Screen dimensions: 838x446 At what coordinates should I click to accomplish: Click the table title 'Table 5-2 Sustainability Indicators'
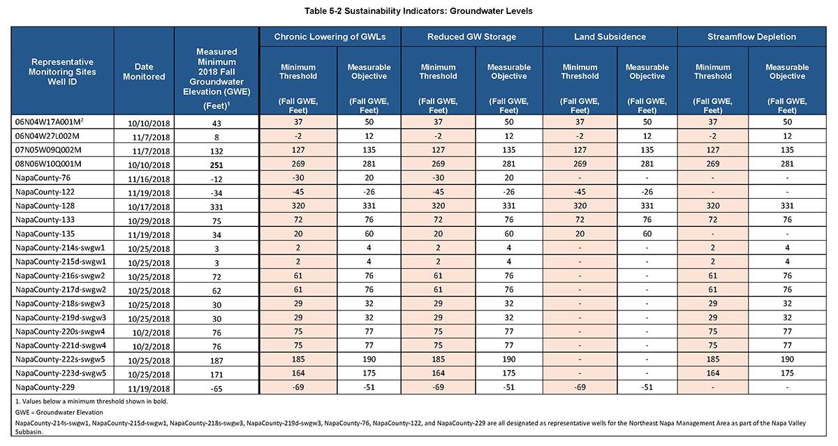[x=418, y=11]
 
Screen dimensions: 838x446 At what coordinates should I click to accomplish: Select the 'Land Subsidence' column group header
[x=610, y=36]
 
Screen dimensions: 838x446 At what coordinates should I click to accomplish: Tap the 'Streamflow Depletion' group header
[x=751, y=36]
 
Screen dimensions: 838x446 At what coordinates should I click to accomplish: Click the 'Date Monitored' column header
[x=144, y=71]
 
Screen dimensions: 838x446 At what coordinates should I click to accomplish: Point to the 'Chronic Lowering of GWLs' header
[x=330, y=36]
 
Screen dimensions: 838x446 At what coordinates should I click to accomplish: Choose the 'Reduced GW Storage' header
[x=472, y=36]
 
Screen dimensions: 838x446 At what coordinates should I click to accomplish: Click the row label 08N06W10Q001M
[x=48, y=164]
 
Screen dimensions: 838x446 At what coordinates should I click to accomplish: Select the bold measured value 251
[x=216, y=165]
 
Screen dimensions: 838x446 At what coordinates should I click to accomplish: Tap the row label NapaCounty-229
[x=45, y=387]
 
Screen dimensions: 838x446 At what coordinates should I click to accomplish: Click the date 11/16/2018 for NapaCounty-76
[x=149, y=179]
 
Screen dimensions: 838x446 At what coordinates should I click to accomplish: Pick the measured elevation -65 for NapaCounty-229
[x=216, y=389]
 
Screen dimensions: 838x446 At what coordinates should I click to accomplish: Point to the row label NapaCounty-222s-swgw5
[x=60, y=359]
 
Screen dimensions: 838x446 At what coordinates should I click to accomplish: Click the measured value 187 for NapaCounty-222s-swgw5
[x=216, y=361]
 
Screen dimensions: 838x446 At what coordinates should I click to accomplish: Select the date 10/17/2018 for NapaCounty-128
[x=149, y=207]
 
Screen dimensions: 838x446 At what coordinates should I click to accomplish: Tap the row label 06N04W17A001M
[x=50, y=122]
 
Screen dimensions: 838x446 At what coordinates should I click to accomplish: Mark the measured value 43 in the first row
[x=216, y=124]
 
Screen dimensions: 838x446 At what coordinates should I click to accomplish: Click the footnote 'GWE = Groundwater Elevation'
[x=59, y=412]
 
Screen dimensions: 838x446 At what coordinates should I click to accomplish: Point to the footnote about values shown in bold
[x=91, y=401]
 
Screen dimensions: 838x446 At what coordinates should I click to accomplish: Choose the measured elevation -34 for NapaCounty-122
[x=216, y=193]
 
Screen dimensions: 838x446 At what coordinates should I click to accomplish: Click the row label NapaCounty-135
[x=45, y=234]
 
